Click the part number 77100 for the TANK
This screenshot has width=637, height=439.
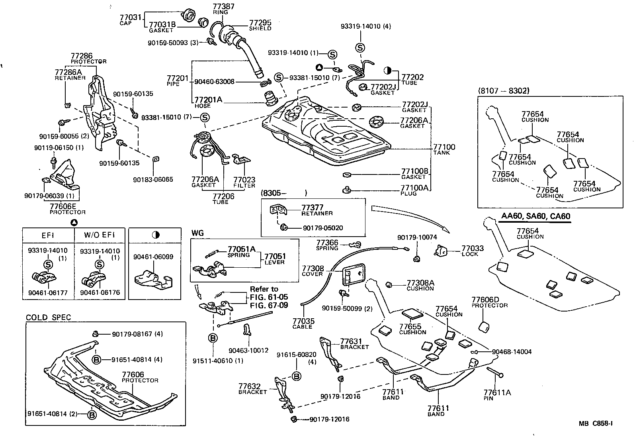click(x=444, y=147)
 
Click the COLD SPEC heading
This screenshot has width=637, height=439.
click(x=49, y=317)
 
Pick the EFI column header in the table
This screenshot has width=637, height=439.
click(x=48, y=235)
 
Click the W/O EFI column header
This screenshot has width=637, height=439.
click(x=99, y=235)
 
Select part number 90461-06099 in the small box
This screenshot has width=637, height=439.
click(x=153, y=257)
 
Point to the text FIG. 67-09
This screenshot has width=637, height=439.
click(x=269, y=306)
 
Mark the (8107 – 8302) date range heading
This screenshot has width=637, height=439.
click(x=504, y=91)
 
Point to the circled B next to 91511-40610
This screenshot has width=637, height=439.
click(x=213, y=338)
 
